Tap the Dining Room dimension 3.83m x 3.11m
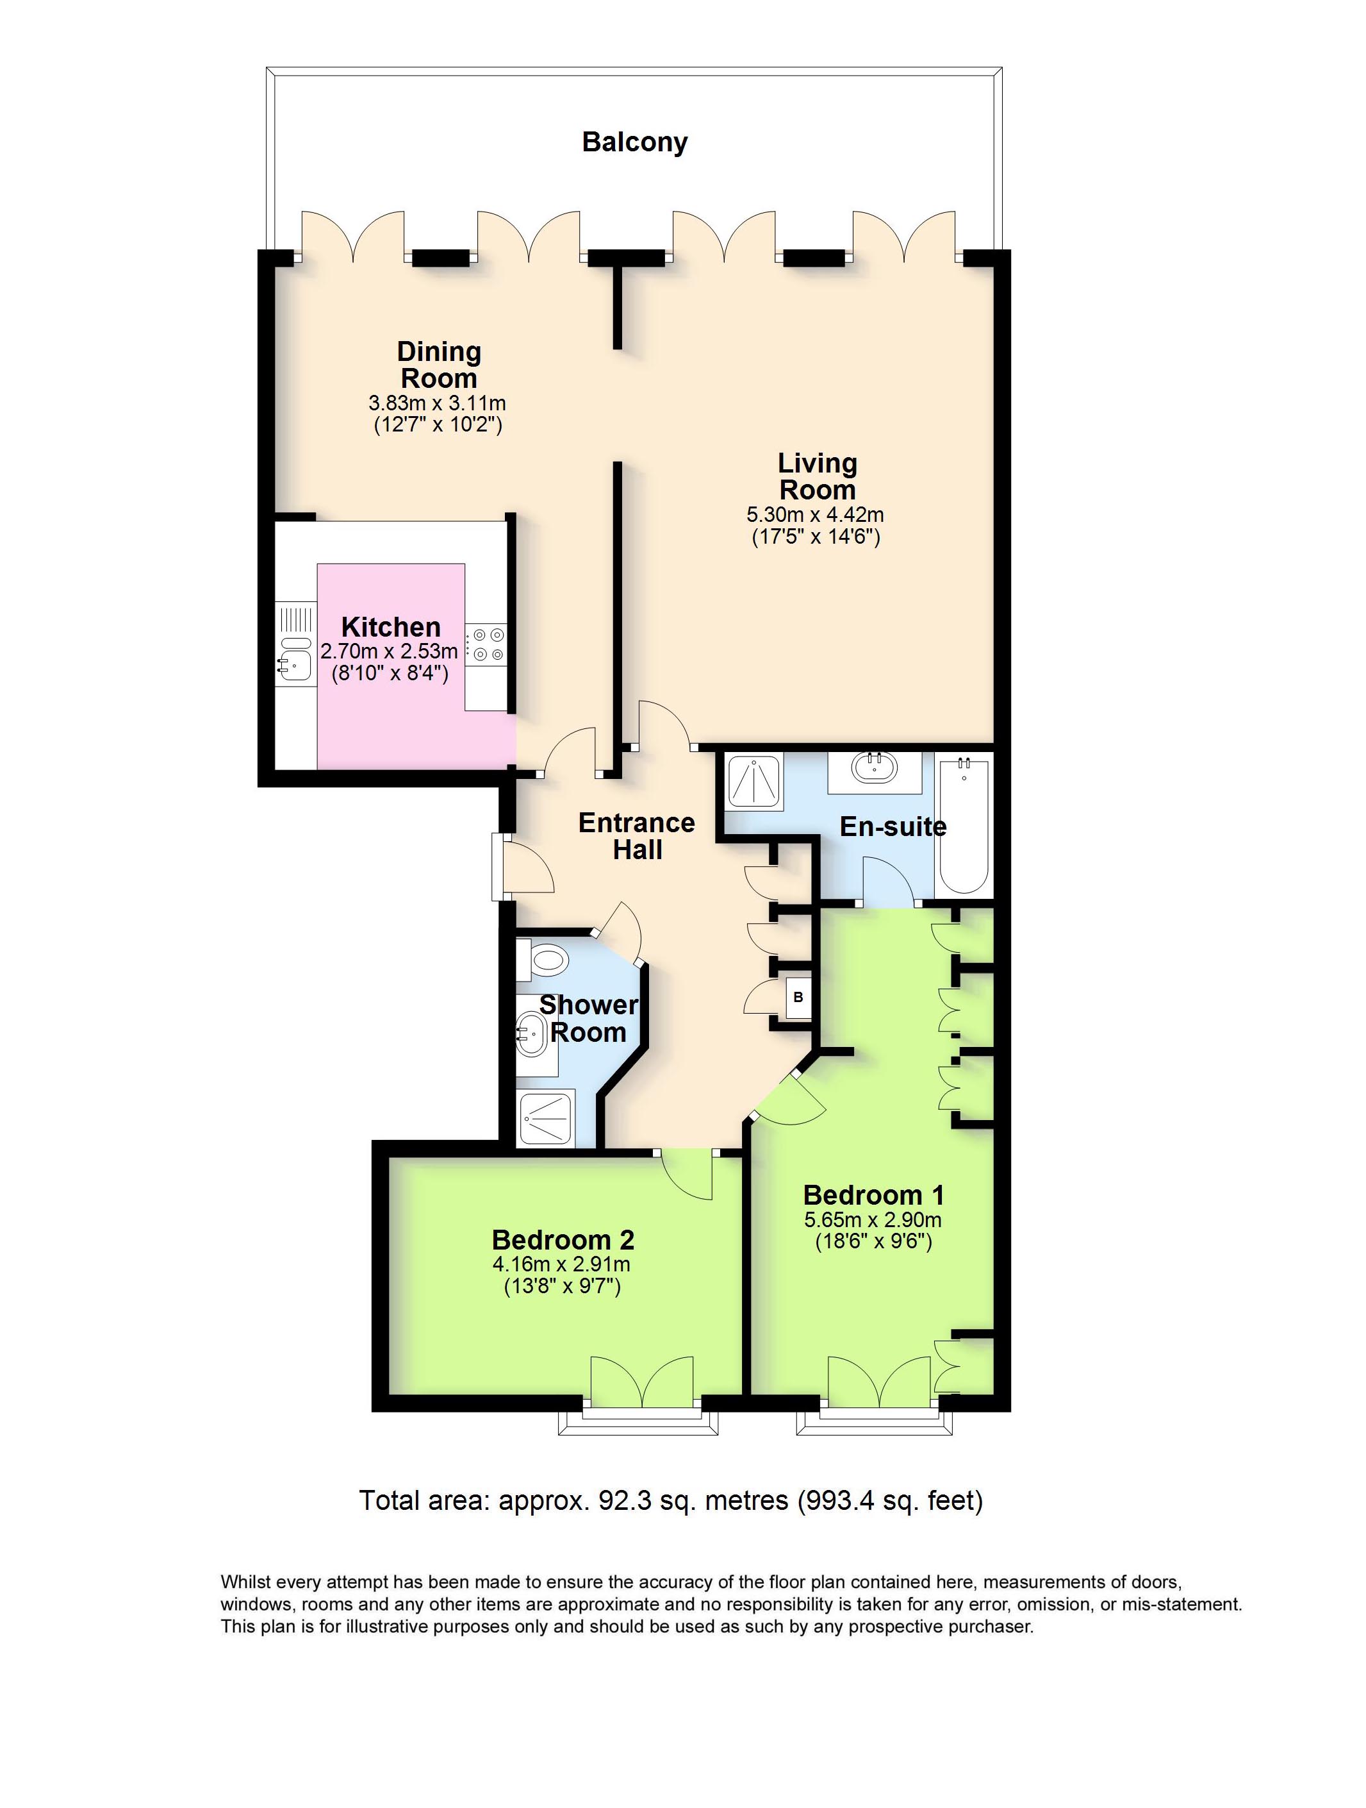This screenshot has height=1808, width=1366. tap(437, 403)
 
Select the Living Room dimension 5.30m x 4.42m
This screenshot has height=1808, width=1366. tap(816, 515)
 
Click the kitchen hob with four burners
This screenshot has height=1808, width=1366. tap(485, 645)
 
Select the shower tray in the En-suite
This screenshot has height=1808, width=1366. tap(752, 780)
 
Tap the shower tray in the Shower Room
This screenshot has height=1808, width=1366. tap(547, 1117)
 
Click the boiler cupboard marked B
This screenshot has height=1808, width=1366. tap(798, 997)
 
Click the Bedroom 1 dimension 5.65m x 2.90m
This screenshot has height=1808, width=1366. tap(873, 1220)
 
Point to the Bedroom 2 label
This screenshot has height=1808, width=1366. tap(563, 1240)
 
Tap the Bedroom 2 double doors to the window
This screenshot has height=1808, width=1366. tap(642, 1384)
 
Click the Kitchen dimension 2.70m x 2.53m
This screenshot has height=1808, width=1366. tap(389, 651)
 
